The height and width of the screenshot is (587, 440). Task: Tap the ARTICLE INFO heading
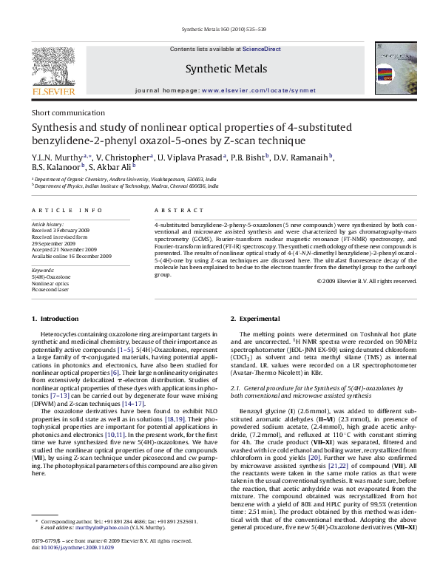(x=61, y=211)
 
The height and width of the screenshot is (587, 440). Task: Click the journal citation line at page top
(x=219, y=30)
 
